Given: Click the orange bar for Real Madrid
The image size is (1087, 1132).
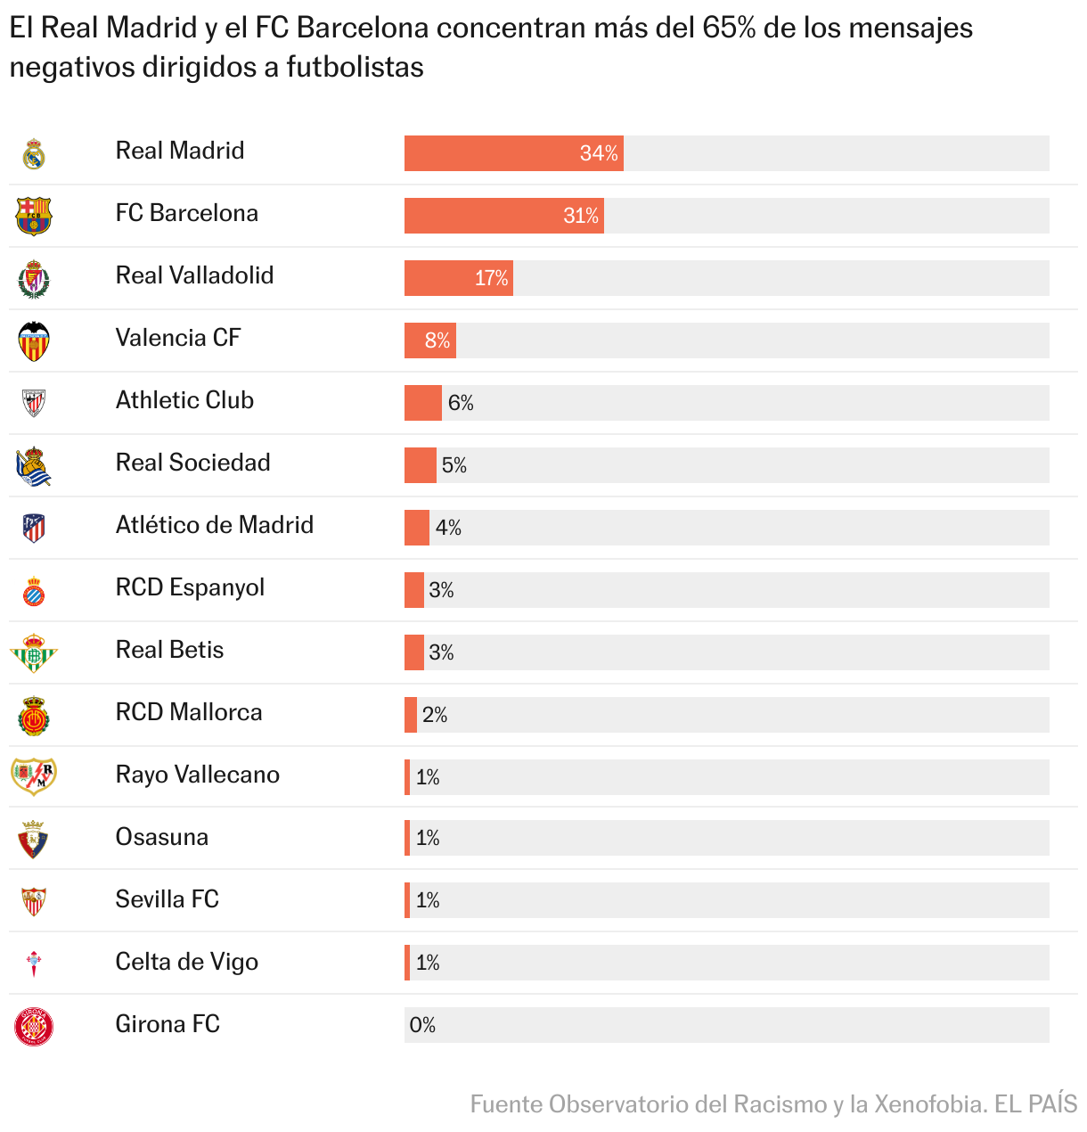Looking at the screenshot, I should point(513,153).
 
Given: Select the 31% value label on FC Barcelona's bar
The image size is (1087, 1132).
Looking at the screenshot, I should point(581,216).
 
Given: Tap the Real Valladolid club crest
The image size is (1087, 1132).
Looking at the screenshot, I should point(34,279).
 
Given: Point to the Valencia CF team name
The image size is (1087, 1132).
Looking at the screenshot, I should point(178,338).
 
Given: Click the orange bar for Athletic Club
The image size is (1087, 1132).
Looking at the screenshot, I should point(422,403).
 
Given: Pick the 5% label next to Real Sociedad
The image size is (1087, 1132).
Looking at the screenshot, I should point(454,465).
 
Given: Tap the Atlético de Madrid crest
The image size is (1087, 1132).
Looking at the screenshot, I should point(34,528).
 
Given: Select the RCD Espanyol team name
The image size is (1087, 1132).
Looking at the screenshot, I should point(190,587).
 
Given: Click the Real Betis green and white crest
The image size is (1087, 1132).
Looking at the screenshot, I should point(34,653).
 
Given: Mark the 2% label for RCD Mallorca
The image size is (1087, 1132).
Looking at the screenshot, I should point(435,715).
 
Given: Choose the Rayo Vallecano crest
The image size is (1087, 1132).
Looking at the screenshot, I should point(34,775).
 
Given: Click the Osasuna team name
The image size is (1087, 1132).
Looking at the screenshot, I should point(161,837).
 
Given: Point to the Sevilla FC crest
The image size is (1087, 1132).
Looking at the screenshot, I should point(34,901).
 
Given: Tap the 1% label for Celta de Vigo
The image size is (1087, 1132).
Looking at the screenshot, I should point(428,963).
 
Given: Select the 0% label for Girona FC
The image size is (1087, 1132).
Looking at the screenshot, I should point(422,1025).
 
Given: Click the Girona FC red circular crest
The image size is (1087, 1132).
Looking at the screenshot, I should point(34,1026).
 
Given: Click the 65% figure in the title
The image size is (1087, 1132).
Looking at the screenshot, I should point(729,28).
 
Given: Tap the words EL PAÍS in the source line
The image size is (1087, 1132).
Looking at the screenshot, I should point(1035,1104).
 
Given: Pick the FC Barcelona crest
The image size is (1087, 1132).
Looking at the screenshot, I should point(34,217).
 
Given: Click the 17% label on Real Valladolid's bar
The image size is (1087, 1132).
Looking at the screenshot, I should point(491,278).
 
